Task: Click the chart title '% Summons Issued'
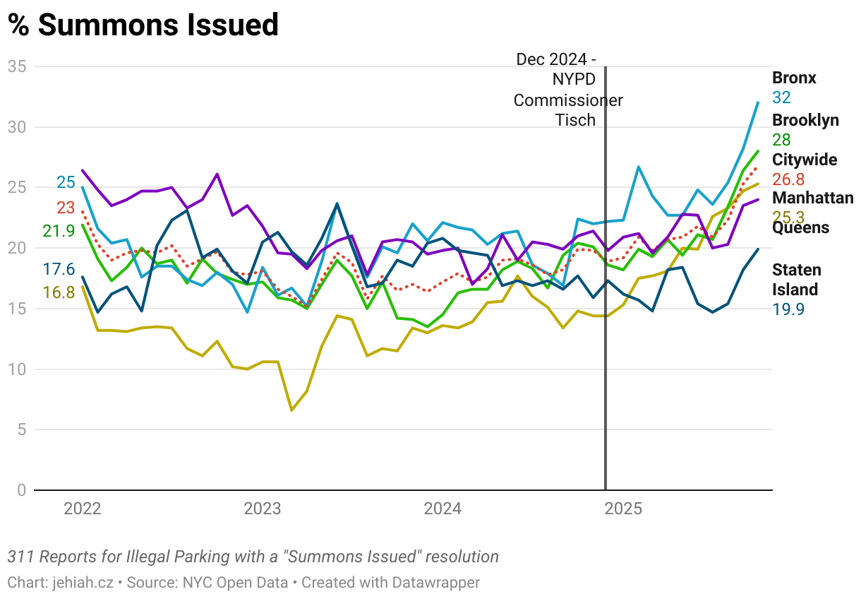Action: (143, 25)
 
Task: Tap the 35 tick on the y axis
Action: (16, 66)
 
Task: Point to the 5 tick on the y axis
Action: (21, 429)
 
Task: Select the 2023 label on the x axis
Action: (263, 509)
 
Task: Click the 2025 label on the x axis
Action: (624, 509)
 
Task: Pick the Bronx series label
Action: (794, 78)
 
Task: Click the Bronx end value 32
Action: (781, 97)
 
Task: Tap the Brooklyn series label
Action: (805, 120)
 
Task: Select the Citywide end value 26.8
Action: (789, 179)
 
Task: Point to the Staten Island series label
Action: (796, 280)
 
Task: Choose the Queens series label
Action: (800, 228)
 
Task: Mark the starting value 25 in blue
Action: (66, 183)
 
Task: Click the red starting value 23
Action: (66, 208)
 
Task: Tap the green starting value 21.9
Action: (59, 231)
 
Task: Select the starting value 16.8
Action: (59, 292)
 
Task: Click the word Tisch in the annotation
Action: (575, 120)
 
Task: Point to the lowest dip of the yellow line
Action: (291, 410)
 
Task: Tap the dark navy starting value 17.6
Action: (59, 269)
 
